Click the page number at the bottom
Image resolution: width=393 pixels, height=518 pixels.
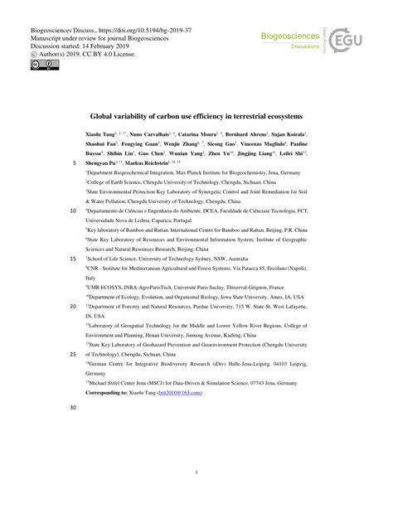click(x=196, y=475)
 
